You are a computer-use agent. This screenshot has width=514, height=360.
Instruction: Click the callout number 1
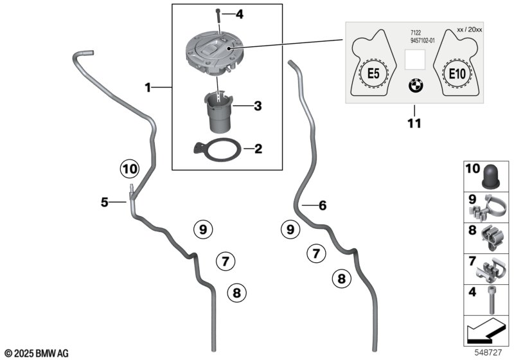click(x=148, y=87)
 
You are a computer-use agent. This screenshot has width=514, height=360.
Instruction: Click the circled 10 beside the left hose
click(x=128, y=169)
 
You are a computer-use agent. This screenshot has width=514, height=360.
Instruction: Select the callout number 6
click(x=323, y=206)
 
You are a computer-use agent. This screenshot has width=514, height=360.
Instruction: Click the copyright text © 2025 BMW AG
click(x=36, y=354)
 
